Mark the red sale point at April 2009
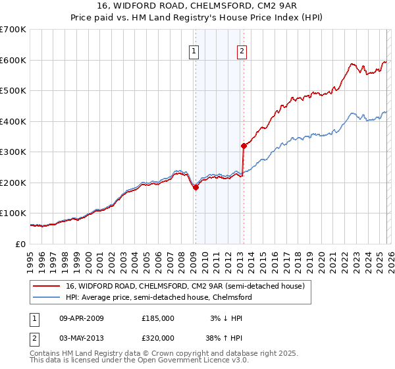click(x=196, y=187)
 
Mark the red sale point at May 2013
click(x=243, y=146)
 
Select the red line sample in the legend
click(x=47, y=287)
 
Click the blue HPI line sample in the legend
click(x=47, y=298)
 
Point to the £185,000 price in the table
click(x=158, y=318)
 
